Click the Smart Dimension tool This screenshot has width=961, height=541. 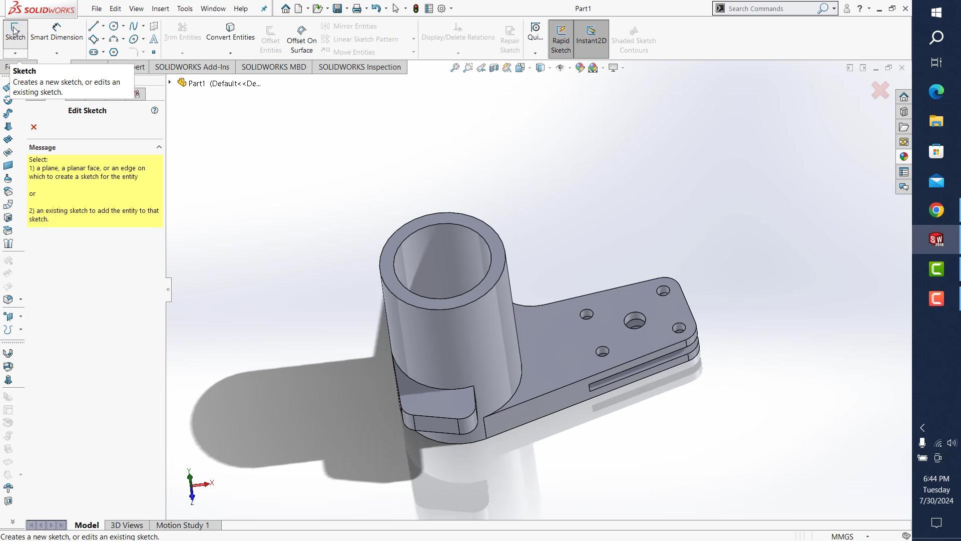coord(56,32)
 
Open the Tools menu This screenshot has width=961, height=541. coord(185,9)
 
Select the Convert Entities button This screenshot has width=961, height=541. coord(230,32)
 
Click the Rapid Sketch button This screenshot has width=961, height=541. coord(561,39)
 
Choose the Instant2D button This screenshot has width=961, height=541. coord(591,35)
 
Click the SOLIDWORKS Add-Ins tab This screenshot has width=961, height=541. coord(192,67)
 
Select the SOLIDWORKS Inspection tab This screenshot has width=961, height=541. coord(359,67)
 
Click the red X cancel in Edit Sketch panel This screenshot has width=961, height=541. coord(34,127)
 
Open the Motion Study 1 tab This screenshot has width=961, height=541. coord(183,525)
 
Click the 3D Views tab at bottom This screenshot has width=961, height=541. coord(127,525)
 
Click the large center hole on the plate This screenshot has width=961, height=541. coord(635,321)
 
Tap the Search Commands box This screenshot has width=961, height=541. coord(768,9)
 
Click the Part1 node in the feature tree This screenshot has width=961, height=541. coord(196,83)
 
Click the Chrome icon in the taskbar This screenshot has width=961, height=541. coord(936,210)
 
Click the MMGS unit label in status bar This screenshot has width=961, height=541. coord(842,536)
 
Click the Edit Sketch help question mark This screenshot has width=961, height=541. coord(155,110)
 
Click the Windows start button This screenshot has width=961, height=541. coord(936,12)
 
